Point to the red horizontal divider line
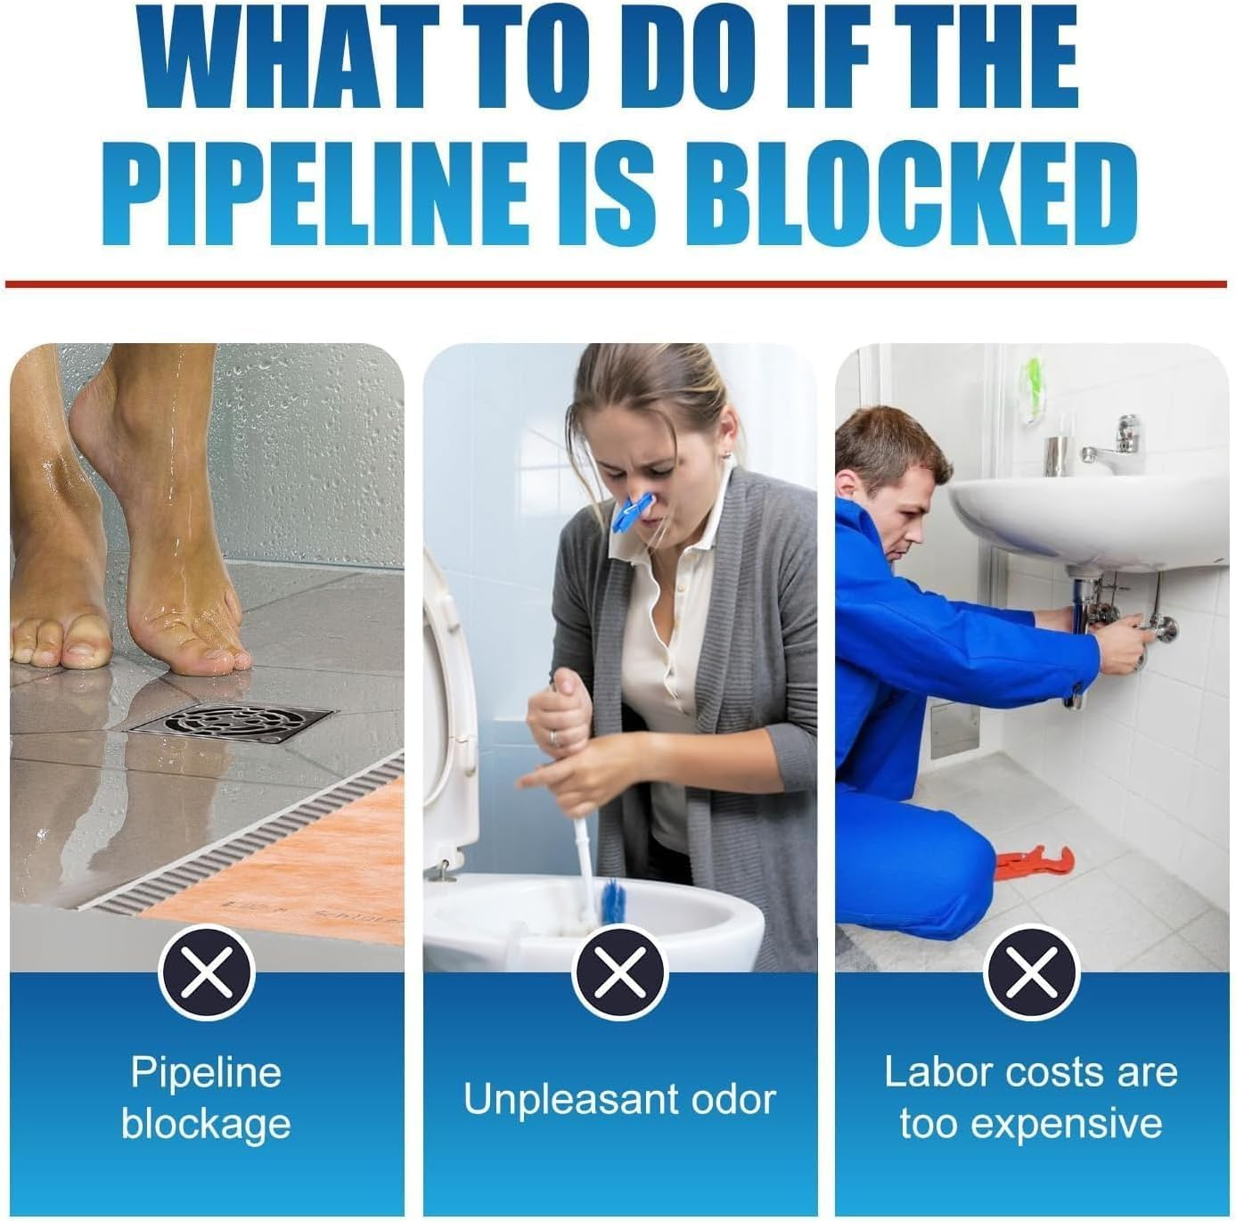[x=615, y=284]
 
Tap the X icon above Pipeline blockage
[x=207, y=971]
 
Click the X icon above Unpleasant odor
[x=619, y=971]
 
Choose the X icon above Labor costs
[x=1031, y=971]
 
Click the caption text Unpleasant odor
[x=619, y=1099]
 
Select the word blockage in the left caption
[x=206, y=1125]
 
